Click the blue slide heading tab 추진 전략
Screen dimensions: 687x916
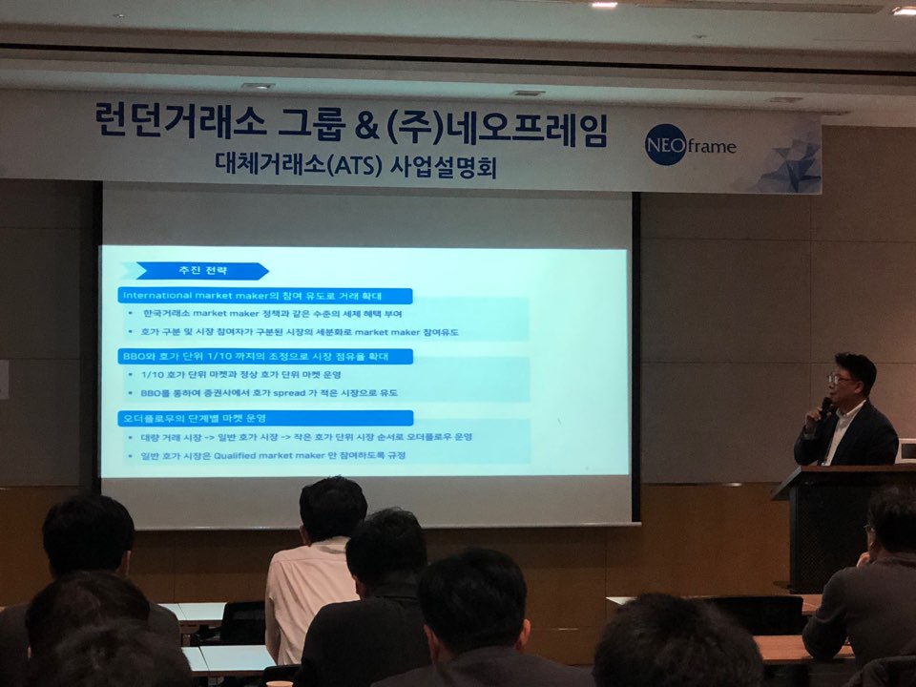(201, 271)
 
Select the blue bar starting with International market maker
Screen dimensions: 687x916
(265, 296)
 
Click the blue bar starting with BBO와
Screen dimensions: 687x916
(265, 356)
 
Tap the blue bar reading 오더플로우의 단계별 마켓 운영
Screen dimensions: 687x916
(265, 418)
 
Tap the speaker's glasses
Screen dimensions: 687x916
(841, 380)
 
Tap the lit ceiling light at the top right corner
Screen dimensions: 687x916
(903, 10)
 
